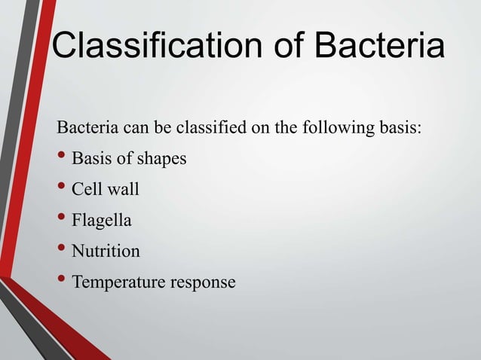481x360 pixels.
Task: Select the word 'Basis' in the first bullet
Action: pos(91,160)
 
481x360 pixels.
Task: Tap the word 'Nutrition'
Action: pos(106,252)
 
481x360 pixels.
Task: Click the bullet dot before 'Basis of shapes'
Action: pos(62,158)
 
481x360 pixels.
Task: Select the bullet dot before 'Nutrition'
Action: pos(62,250)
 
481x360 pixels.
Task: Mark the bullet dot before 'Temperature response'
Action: pos(62,281)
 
